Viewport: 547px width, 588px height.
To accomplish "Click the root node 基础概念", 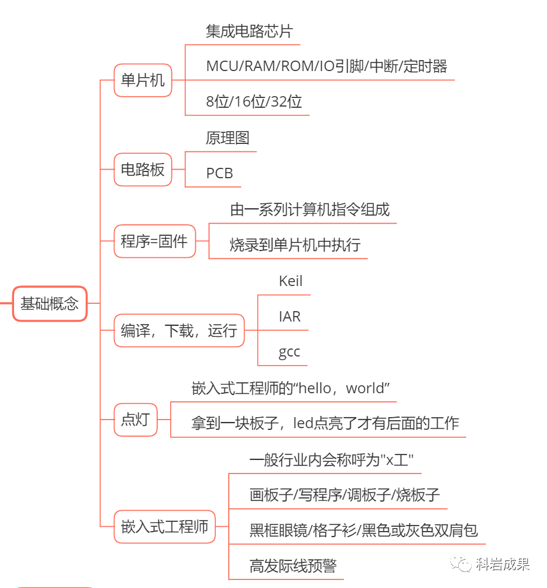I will [x=50, y=303].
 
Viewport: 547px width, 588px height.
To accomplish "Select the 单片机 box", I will [x=143, y=80].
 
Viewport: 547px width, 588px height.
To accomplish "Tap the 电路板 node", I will [x=143, y=170].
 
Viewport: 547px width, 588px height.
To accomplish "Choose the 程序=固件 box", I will [x=154, y=241].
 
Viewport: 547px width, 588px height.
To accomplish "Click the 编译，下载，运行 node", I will [x=179, y=331].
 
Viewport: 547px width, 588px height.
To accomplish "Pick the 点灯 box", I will [x=135, y=420].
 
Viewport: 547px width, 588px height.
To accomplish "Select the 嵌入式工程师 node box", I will [x=165, y=526].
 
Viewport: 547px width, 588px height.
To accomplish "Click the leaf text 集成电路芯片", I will [x=249, y=31].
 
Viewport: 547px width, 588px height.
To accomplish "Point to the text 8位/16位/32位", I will [x=254, y=102].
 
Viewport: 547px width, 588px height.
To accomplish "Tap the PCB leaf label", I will [x=220, y=173].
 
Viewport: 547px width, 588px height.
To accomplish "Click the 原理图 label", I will [x=228, y=138].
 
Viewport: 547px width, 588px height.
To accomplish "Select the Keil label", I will [x=291, y=281].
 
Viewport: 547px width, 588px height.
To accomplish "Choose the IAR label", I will [x=289, y=317].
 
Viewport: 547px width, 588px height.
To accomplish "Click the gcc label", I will [x=289, y=352].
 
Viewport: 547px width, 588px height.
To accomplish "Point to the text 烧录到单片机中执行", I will [x=295, y=245].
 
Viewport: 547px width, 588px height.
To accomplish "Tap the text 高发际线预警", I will [x=292, y=565].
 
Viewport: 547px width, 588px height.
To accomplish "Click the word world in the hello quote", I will [x=368, y=388].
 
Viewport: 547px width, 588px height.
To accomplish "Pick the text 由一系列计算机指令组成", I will [x=310, y=209].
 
